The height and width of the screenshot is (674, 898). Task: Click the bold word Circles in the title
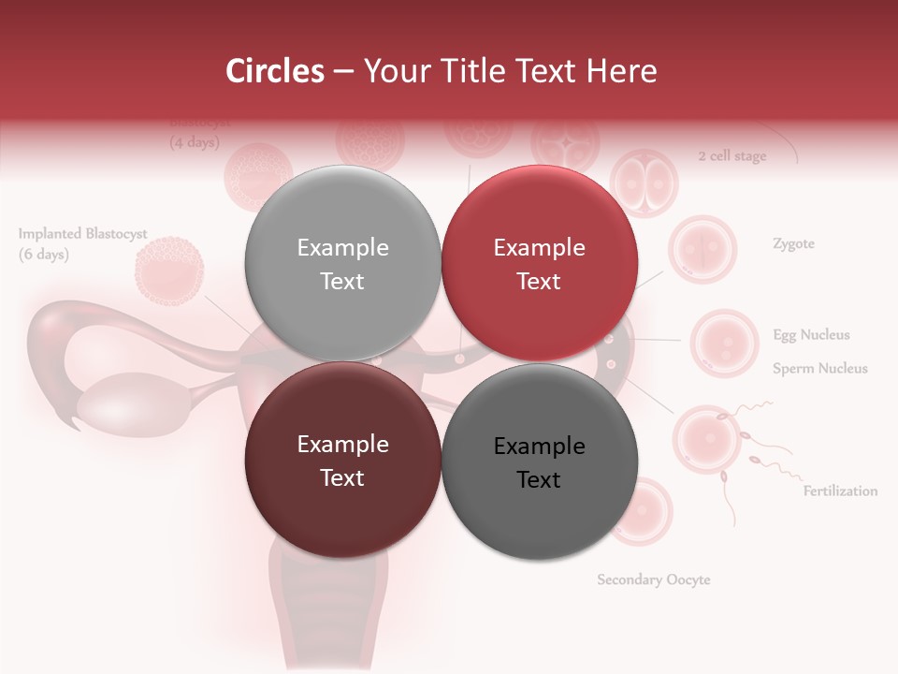click(274, 71)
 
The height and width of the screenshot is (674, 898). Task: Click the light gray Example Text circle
click(342, 264)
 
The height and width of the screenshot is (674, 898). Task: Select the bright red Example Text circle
click(539, 264)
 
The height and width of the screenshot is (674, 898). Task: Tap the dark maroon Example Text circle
click(342, 461)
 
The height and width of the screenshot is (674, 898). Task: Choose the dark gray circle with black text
click(539, 462)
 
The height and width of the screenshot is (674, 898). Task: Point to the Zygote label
click(793, 244)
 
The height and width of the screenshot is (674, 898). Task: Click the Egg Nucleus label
click(811, 335)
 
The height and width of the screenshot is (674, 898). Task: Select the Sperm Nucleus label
click(819, 369)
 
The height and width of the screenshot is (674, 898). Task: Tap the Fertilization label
click(840, 491)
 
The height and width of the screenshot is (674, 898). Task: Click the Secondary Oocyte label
click(654, 580)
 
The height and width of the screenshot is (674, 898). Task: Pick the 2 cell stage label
click(731, 156)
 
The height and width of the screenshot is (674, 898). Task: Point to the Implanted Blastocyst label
click(82, 234)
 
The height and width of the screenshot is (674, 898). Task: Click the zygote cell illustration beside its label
click(702, 250)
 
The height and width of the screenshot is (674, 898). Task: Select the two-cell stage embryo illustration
click(643, 183)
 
